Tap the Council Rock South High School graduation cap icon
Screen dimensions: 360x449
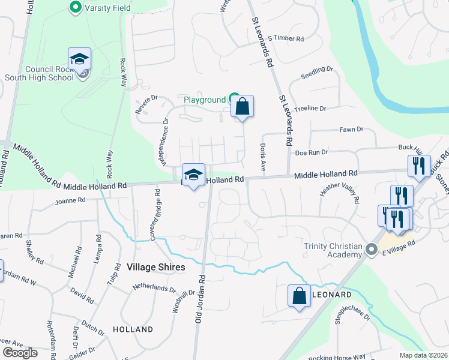click(79, 59)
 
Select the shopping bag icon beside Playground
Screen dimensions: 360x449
click(242, 107)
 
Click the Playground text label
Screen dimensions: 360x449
click(204, 100)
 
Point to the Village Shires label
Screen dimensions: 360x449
click(156, 266)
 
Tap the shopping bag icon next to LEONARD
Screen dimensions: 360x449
click(299, 296)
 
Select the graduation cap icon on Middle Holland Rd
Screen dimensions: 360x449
click(193, 175)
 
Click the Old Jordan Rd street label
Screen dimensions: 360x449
click(200, 300)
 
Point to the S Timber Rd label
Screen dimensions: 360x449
click(286, 38)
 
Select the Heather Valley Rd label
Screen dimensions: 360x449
click(340, 191)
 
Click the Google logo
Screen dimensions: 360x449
click(20, 353)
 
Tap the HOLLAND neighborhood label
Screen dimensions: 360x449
click(133, 329)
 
